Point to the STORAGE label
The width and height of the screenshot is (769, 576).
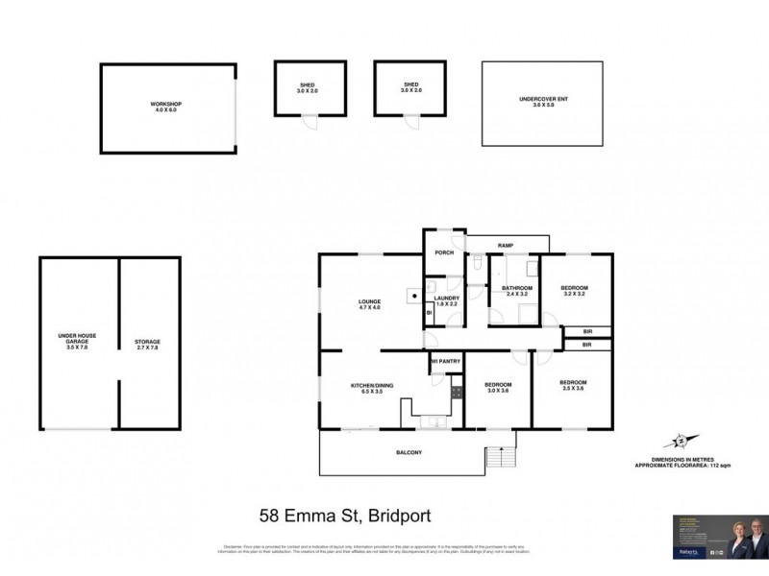tap(147, 344)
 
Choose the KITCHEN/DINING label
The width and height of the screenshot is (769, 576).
tap(371, 388)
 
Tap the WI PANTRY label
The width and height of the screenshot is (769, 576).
tap(447, 361)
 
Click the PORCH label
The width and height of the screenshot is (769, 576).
tap(444, 253)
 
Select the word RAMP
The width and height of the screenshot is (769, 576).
tap(505, 247)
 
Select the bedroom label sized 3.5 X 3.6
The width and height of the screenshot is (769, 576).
tap(573, 386)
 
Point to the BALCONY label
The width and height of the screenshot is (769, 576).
tap(409, 451)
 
